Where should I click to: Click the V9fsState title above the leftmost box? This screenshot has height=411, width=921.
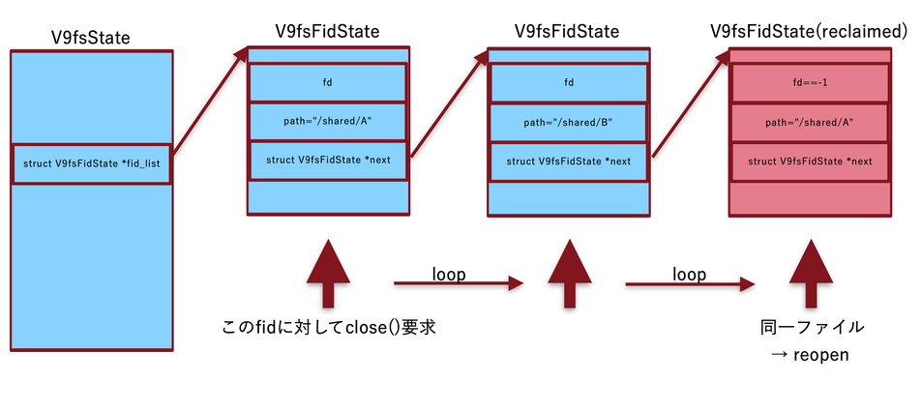pos(91,38)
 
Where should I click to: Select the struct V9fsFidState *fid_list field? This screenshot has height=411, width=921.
pos(92,163)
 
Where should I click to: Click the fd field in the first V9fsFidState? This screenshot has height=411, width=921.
pos(327,82)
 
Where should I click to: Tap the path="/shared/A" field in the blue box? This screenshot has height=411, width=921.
pos(327,121)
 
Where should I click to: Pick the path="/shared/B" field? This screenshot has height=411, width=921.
pos(568,123)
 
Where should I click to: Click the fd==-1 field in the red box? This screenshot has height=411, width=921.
pos(810,82)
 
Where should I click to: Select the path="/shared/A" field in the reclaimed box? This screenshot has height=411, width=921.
pos(810,123)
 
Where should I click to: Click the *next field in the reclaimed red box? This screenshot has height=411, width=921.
pos(810,161)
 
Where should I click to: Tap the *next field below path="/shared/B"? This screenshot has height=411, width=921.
pos(568,161)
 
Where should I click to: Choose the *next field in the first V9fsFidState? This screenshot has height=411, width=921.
pos(327,160)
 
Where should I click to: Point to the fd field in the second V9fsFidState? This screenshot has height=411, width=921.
pos(568,82)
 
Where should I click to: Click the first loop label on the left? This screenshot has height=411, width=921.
pos(449,274)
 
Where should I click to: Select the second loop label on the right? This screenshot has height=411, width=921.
pos(689,274)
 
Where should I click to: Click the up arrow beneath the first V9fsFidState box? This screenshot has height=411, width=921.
pos(329,275)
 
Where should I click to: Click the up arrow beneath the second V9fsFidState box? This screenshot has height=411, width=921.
pos(569,275)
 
